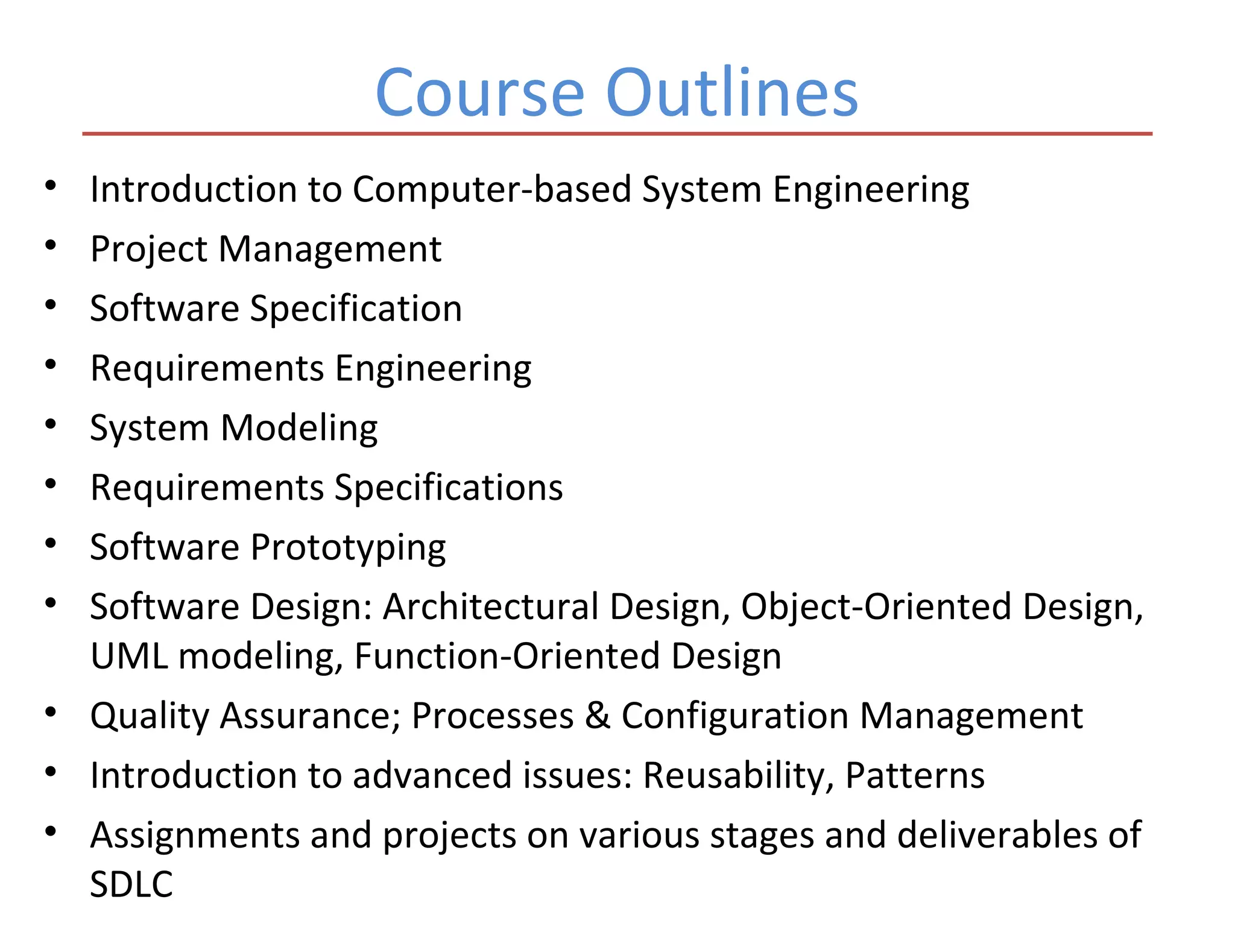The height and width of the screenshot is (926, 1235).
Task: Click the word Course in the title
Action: click(479, 93)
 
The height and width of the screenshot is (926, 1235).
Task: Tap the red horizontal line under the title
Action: click(617, 134)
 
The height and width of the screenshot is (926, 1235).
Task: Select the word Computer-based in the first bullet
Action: click(491, 189)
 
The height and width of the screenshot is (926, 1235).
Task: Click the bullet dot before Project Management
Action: click(51, 245)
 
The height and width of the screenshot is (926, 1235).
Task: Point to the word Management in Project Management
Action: click(330, 249)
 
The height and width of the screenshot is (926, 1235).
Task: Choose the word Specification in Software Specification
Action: click(356, 309)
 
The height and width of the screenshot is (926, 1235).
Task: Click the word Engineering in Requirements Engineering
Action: click(432, 368)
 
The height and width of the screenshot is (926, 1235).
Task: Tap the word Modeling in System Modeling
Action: click(299, 428)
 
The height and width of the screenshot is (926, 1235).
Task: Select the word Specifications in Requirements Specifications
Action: click(448, 487)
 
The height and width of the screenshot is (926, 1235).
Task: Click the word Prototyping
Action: click(348, 547)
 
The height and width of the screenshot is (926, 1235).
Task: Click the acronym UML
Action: click(128, 656)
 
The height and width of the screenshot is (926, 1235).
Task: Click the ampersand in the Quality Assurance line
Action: click(598, 716)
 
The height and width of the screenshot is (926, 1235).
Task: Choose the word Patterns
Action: click(915, 775)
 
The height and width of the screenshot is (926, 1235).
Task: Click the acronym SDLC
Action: click(131, 884)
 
